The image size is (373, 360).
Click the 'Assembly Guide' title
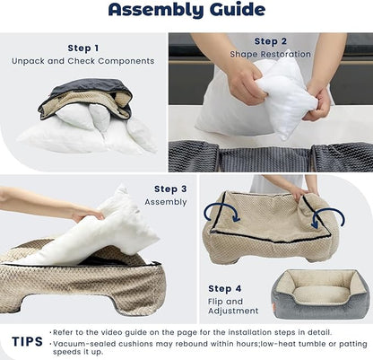pyautogui.click(x=186, y=12)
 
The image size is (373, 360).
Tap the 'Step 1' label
pyautogui.click(x=84, y=48)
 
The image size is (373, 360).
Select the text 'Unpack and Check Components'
pyautogui.click(x=84, y=61)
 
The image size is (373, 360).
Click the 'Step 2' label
pyautogui.click(x=271, y=40)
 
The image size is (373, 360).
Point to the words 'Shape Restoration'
pyautogui.click(x=271, y=54)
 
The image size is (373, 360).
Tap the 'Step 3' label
pyautogui.click(x=170, y=189)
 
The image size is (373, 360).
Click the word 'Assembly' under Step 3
pyautogui.click(x=166, y=202)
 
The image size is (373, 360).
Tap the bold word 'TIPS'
pyautogui.click(x=27, y=341)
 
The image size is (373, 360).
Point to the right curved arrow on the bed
pyautogui.click(x=329, y=215)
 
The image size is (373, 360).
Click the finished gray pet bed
pyautogui.click(x=320, y=294)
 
